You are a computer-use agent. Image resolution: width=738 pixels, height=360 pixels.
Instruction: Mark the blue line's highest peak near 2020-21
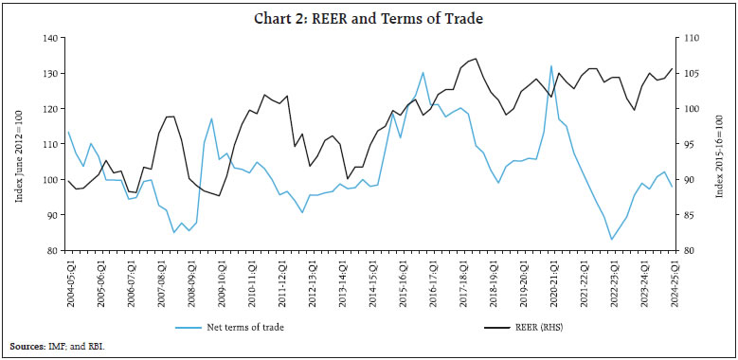[x=551, y=65]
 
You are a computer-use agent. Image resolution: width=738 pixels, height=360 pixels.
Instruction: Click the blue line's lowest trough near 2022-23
[x=612, y=240]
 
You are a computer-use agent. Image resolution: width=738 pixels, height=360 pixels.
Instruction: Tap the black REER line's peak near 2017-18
[x=476, y=59]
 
